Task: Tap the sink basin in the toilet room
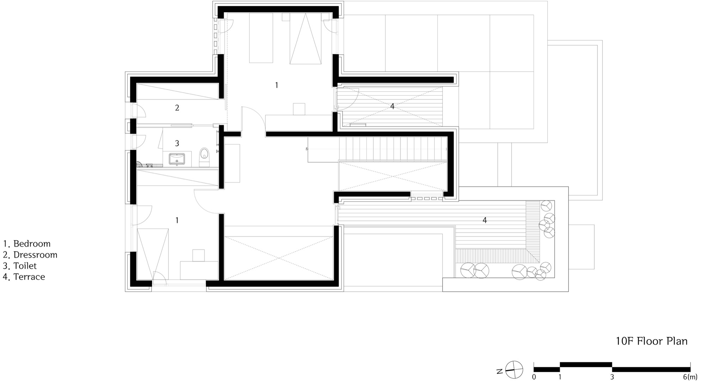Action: tap(177, 159)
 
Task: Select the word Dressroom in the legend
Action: tap(35, 255)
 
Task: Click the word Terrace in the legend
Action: tap(29, 277)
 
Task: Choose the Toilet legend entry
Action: tap(20, 266)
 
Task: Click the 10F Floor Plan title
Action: tap(651, 341)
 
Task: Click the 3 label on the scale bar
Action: tap(612, 377)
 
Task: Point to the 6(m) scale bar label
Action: tap(690, 377)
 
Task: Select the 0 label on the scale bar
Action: tap(534, 377)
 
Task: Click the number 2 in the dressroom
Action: tap(177, 108)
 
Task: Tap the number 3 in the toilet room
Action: tap(177, 143)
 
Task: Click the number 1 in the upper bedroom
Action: tap(276, 85)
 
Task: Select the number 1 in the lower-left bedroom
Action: tap(177, 220)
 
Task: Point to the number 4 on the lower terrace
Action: tap(485, 220)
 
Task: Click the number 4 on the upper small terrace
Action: tap(392, 106)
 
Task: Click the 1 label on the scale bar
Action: tap(560, 377)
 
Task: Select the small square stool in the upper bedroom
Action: tap(299, 109)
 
